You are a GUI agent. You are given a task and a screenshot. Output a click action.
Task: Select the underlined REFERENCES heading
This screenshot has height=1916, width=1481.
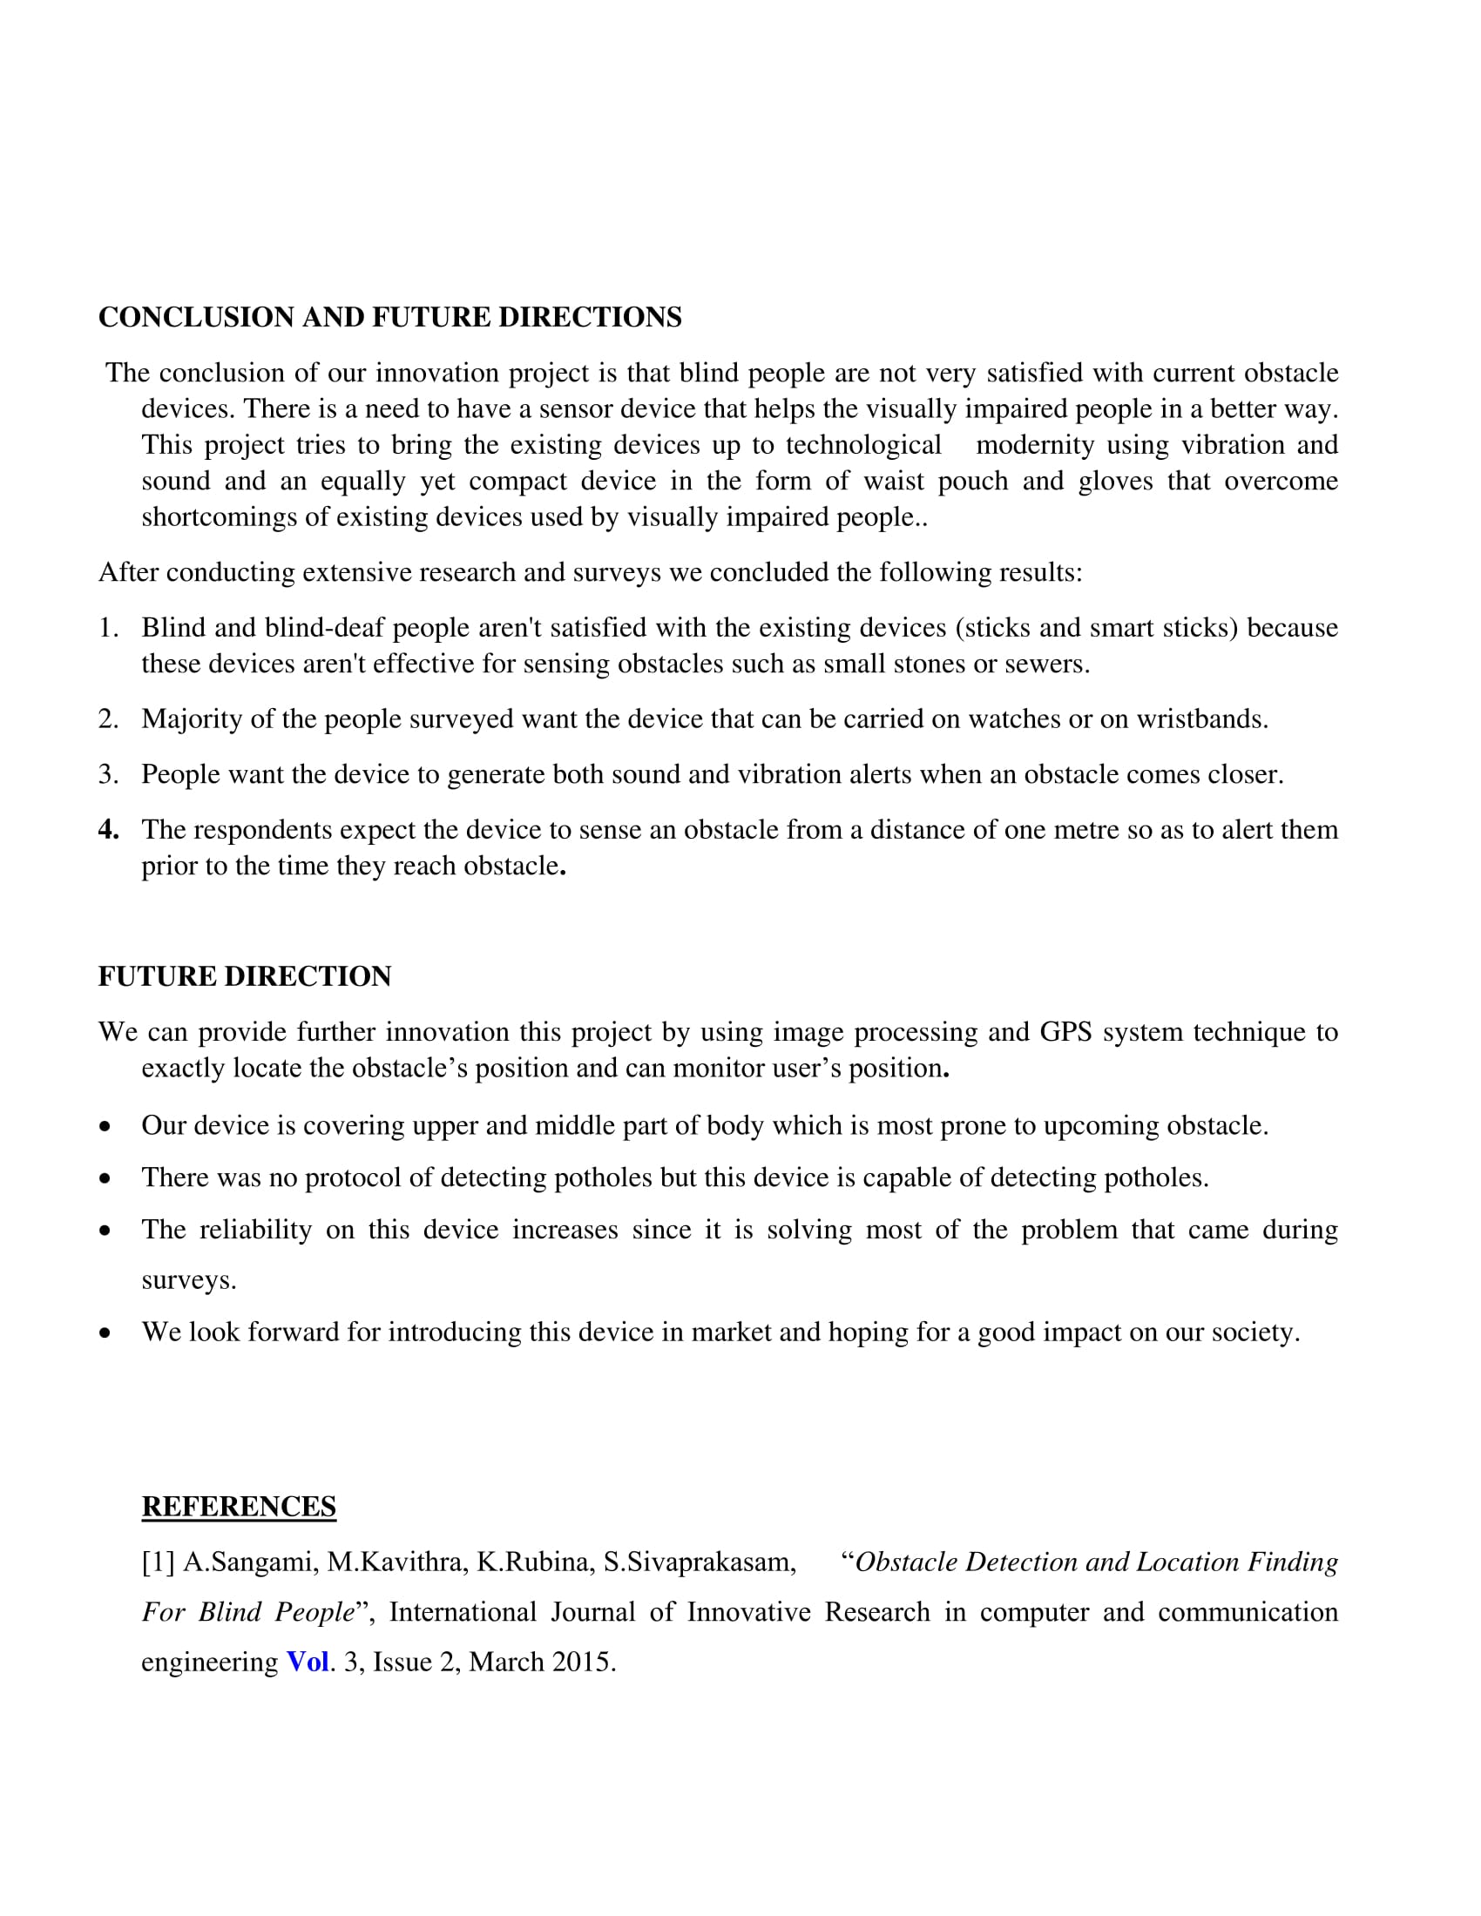click(x=239, y=1507)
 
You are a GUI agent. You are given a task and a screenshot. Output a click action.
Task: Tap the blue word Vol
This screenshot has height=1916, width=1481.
click(x=307, y=1662)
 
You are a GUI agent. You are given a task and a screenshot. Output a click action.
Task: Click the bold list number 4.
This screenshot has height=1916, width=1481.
click(x=108, y=829)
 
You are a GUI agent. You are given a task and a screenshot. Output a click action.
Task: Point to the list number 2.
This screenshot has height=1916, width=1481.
click(x=108, y=718)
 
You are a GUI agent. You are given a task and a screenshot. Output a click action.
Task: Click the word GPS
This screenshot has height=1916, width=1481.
click(x=1065, y=1032)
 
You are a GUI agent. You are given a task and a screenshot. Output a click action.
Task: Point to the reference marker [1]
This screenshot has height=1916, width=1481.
click(x=158, y=1562)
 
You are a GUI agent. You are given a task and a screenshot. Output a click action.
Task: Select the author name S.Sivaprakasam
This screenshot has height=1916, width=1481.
click(x=700, y=1562)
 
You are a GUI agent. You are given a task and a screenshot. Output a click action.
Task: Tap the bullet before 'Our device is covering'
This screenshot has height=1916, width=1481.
click(x=105, y=1126)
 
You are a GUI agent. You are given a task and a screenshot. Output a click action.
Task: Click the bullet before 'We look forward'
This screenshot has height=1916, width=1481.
click(x=105, y=1333)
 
